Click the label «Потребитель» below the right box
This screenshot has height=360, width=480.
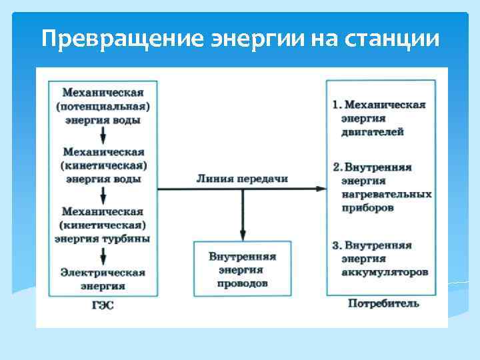click(x=383, y=304)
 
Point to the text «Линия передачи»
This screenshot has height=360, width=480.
click(x=242, y=179)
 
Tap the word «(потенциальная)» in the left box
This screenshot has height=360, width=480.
click(x=103, y=106)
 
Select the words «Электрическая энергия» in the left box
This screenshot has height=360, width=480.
click(x=103, y=279)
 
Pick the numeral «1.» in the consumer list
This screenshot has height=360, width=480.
click(x=337, y=105)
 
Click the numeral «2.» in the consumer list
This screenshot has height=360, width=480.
click(x=337, y=167)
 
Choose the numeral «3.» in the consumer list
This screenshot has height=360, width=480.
click(x=337, y=245)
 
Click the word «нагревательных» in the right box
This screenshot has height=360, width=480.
click(x=386, y=194)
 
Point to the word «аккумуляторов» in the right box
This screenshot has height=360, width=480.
click(x=385, y=273)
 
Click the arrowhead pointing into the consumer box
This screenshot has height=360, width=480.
click(x=321, y=189)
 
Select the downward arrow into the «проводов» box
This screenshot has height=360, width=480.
click(x=242, y=233)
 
